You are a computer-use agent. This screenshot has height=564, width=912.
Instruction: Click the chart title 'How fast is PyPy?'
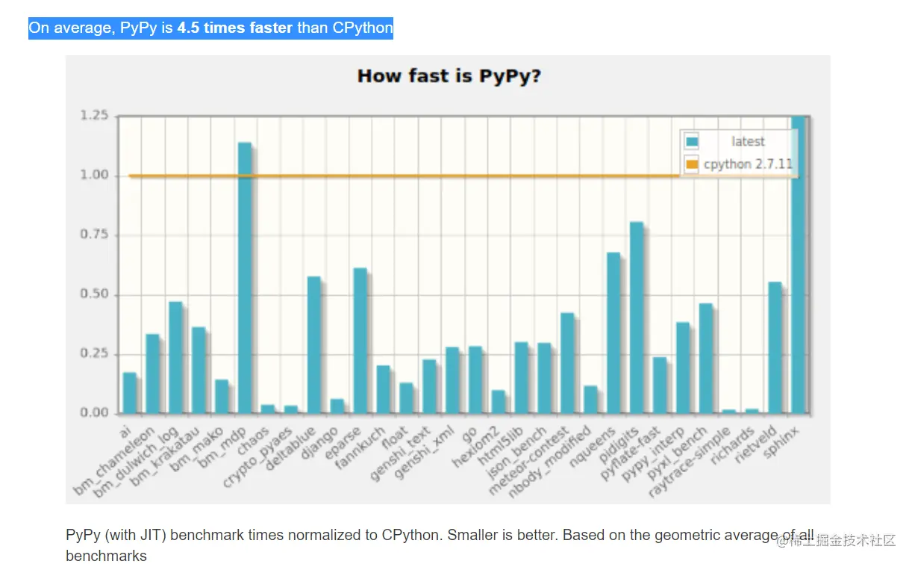pyautogui.click(x=449, y=76)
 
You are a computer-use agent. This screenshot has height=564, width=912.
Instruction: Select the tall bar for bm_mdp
pyautogui.click(x=245, y=276)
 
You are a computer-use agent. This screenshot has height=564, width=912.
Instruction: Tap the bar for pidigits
pyautogui.click(x=637, y=317)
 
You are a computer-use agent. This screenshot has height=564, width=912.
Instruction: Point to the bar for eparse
pyautogui.click(x=360, y=340)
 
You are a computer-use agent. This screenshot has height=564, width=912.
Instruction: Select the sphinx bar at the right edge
pyautogui.click(x=799, y=265)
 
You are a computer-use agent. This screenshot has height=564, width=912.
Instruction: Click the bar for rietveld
pyautogui.click(x=775, y=347)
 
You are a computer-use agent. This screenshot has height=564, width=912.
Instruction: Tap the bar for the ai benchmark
pyautogui.click(x=130, y=392)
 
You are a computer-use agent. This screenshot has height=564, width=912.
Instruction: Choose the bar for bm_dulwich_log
pyautogui.click(x=176, y=357)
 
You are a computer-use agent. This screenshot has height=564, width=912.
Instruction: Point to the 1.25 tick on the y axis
pyautogui.click(x=94, y=116)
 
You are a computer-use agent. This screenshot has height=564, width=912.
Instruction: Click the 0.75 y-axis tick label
pyautogui.click(x=94, y=235)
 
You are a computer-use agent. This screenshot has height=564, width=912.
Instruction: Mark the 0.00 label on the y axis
pyautogui.click(x=94, y=413)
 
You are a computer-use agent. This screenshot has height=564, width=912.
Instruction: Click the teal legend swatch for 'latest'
pyautogui.click(x=692, y=142)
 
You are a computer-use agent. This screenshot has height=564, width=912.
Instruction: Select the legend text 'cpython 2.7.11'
pyautogui.click(x=748, y=164)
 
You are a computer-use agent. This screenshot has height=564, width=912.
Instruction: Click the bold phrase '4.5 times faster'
pyautogui.click(x=234, y=28)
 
